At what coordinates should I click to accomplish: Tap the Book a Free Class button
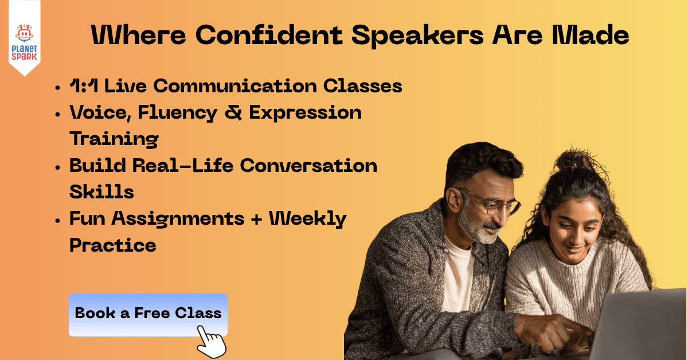point(148,313)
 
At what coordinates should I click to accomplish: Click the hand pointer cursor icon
point(211,342)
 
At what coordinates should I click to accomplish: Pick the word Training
point(114,139)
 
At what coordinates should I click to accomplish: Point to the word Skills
point(101,191)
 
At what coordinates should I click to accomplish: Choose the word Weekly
point(308,218)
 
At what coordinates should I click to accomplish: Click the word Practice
point(113,245)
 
